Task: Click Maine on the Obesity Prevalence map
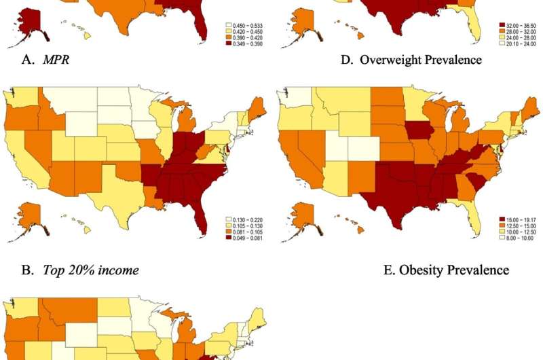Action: [531, 107]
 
